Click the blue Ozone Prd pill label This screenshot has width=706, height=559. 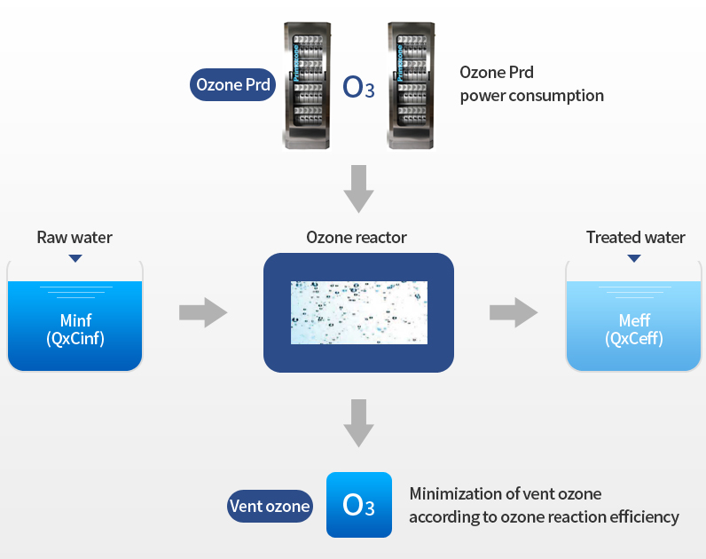point(232,84)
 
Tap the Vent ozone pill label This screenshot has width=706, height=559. point(270,507)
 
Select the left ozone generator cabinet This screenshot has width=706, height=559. point(307,85)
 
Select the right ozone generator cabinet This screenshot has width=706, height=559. point(411,85)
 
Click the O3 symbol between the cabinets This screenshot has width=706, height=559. point(358,87)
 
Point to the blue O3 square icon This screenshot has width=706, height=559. point(359,505)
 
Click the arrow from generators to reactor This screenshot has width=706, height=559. point(359,189)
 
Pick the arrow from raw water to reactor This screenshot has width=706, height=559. point(203,312)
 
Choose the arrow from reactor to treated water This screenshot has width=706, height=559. point(514,312)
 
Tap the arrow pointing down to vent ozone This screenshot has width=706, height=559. point(359,423)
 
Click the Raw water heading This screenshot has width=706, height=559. point(75,238)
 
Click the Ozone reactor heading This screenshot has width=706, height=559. point(357,238)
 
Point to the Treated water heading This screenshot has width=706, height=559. point(635,238)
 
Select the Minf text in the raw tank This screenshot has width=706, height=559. point(75,320)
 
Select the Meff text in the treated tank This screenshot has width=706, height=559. point(634,320)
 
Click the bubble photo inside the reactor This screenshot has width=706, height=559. point(359,312)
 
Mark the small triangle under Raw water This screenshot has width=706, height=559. point(75,258)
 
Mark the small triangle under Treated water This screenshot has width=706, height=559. point(634,258)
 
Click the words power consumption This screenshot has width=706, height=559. point(532,96)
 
